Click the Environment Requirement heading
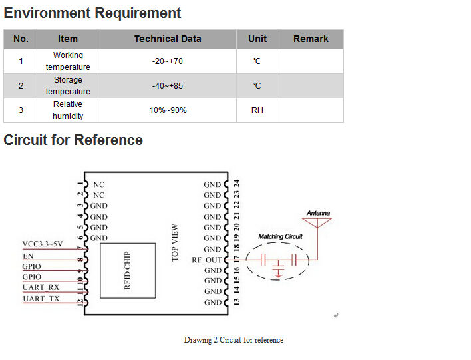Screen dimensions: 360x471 92,13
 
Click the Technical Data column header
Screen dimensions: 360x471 168,39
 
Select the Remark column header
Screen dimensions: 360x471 311,39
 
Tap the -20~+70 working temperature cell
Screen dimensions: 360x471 168,61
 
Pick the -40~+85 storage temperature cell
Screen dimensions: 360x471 168,86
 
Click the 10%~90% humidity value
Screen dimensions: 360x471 168,110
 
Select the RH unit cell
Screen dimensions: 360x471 257,110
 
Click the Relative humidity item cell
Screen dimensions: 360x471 68,110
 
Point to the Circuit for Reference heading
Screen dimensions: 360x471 73,140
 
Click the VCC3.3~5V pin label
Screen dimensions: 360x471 43,244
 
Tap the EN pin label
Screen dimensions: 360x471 28,256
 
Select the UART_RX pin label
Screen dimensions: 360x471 41,287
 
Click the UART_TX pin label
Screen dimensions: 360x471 41,299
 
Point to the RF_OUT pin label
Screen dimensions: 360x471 206,260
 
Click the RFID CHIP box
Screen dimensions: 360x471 128,270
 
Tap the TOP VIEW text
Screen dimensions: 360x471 176,243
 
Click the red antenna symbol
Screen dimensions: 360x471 318,222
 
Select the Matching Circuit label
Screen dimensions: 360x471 280,237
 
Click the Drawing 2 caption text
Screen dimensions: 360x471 234,340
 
